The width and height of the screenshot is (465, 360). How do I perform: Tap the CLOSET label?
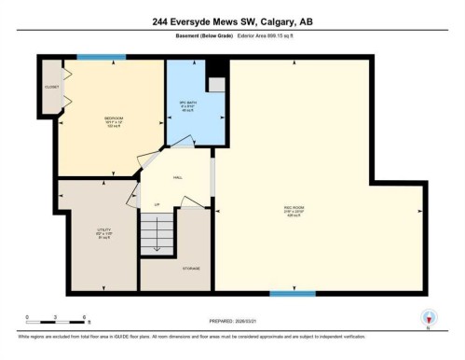pos(50,87)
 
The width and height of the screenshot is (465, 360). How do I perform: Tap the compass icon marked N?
pos(429,316)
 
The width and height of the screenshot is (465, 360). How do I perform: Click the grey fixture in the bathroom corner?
pos(216,85)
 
